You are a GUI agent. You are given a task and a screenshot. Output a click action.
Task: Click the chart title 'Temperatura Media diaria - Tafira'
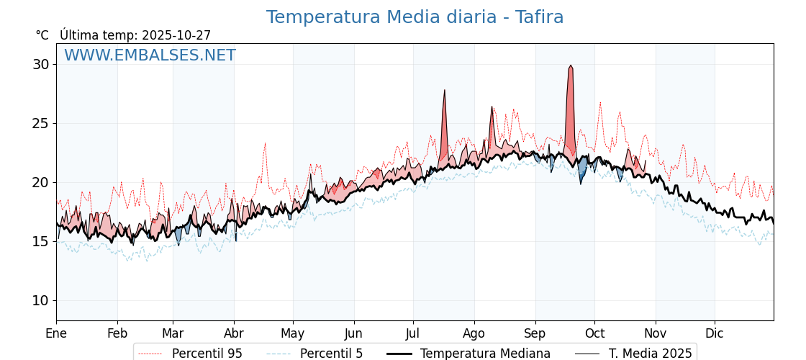click(415, 17)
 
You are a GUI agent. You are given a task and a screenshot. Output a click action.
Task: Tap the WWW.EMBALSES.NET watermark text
click(150, 55)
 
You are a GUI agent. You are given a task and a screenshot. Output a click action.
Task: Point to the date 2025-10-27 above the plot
click(176, 35)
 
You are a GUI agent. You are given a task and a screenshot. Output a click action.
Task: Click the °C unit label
click(42, 35)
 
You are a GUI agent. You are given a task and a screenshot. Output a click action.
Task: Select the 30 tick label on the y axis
click(40, 64)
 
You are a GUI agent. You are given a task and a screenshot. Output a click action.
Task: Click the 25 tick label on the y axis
click(40, 123)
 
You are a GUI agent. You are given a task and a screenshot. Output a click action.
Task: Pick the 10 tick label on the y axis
click(40, 300)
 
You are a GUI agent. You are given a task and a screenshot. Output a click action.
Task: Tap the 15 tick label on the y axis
click(40, 241)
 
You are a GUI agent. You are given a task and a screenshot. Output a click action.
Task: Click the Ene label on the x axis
click(56, 333)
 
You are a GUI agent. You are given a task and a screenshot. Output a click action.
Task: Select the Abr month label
click(234, 333)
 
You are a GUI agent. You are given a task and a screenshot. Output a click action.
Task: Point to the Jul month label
click(413, 333)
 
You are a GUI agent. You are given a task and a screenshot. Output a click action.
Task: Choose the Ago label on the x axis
click(474, 333)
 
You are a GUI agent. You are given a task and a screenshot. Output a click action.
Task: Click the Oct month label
click(594, 333)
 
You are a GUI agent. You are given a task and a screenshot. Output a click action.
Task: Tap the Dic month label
click(715, 333)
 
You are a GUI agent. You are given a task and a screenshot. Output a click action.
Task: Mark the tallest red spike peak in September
click(571, 66)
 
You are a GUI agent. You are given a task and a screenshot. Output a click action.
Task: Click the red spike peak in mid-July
click(445, 90)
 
